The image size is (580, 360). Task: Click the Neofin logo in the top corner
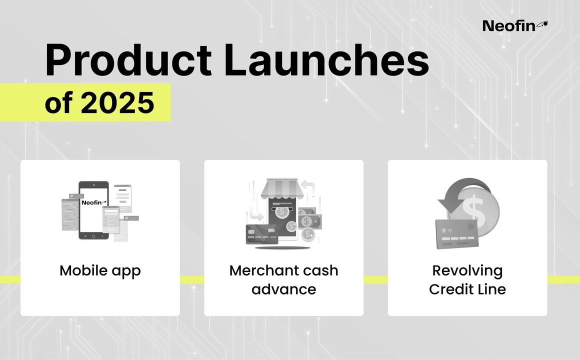[x=515, y=25]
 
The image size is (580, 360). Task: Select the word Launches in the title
[x=326, y=60]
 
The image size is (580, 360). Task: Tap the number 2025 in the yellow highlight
[x=117, y=102]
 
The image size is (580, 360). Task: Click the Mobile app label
[x=100, y=271]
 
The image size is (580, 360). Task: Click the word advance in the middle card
[x=283, y=289]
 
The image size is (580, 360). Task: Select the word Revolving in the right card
[x=467, y=271]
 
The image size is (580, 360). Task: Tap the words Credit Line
[x=467, y=289]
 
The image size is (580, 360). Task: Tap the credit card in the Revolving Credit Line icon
[x=457, y=234]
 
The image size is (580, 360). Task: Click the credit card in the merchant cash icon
[x=262, y=234]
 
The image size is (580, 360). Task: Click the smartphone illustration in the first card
[x=94, y=210]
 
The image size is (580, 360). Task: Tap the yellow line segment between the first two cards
[x=192, y=280]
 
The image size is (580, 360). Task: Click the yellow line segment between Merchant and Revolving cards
[x=376, y=280]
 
